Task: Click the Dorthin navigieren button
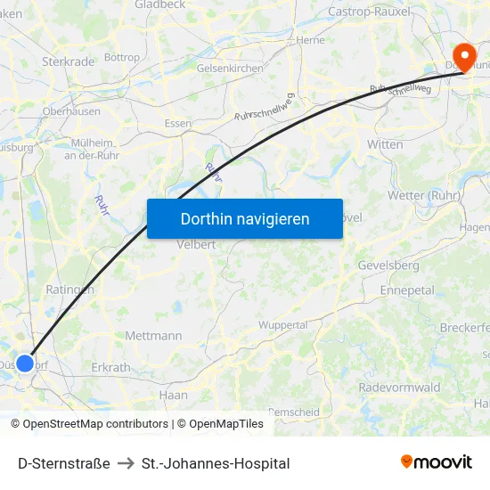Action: pos(245,218)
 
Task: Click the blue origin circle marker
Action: pos(25,363)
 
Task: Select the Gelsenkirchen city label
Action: pos(232,68)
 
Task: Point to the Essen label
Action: pos(178,124)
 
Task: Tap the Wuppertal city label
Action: pos(282,325)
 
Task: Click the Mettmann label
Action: pos(153,336)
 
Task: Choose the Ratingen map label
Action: pos(69,290)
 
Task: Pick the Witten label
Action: pos(385,143)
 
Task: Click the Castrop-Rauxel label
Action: pos(368,12)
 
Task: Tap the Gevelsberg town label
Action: pos(388,265)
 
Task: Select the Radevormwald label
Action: pos(399,388)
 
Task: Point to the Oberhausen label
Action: pos(71,111)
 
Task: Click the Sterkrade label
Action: pos(68,61)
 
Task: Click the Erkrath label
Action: pos(110,367)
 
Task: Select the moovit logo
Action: pos(436,461)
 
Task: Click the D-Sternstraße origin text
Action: pos(64,463)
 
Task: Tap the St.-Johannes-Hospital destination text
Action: pos(216,463)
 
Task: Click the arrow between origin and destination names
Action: pos(126,463)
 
